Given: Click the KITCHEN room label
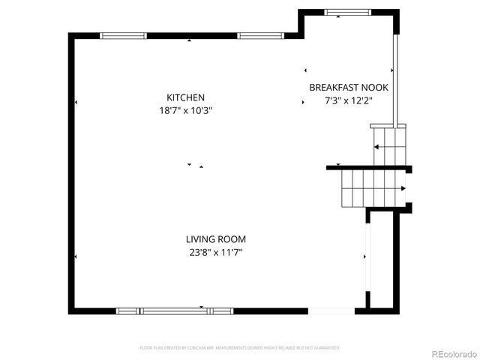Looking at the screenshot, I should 185,97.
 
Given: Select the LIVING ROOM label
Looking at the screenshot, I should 216,239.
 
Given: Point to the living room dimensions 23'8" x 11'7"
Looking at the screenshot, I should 216,253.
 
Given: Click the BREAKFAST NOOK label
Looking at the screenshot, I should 349,87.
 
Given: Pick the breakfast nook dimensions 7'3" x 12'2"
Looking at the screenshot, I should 349,100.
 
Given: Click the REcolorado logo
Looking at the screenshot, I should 453,352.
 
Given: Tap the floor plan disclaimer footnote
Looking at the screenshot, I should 240,348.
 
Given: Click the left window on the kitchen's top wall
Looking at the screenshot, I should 123,35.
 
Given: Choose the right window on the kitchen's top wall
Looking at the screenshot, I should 261,35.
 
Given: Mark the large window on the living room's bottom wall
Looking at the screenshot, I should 174,310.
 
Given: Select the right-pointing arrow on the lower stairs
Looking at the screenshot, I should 403,188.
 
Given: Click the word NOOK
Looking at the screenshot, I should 374,87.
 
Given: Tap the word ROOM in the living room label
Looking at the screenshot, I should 232,239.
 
